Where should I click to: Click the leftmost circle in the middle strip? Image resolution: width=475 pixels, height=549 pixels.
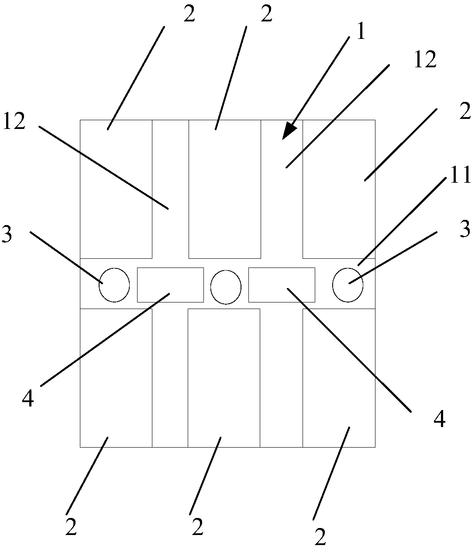tap(114, 285)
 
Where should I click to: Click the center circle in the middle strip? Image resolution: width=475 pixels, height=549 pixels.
tap(226, 287)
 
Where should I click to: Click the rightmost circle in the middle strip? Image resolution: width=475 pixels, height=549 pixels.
tap(348, 285)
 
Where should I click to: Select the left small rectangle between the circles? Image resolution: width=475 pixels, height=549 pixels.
tap(170, 285)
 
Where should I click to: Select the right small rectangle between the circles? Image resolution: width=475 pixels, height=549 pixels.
tap(282, 285)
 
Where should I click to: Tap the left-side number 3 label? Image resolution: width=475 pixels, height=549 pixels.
tap(7, 234)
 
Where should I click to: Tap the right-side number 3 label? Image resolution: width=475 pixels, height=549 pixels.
tap(465, 229)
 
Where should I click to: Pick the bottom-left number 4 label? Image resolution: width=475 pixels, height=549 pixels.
tap(28, 399)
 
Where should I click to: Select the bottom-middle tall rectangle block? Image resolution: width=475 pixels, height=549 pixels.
tap(224, 378)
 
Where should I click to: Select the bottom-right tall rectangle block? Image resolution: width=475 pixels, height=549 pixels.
tap(339, 378)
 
